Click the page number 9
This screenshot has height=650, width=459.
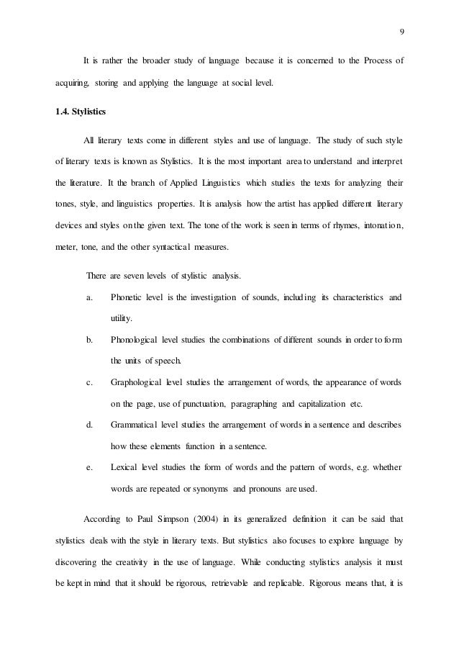(401, 31)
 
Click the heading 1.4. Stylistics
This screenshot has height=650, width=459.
(83, 112)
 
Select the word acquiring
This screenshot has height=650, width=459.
(73, 83)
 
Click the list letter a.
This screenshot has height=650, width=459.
(88, 297)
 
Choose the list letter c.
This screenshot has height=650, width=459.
(88, 382)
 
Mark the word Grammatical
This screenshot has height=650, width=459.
(135, 425)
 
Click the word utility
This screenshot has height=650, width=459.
(122, 318)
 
